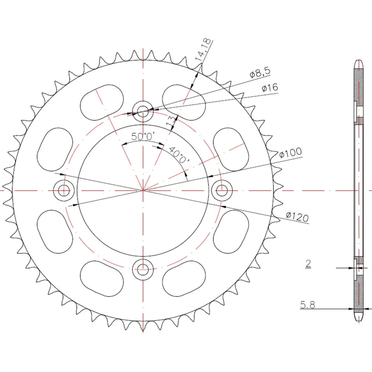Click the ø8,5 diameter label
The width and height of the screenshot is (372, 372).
(x=260, y=72)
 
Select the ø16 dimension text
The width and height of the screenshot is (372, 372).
(x=270, y=88)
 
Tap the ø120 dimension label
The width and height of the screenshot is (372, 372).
(x=297, y=217)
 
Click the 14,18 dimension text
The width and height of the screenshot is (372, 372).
(x=203, y=50)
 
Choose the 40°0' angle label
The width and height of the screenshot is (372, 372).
(x=179, y=155)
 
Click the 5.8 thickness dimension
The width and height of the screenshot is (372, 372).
(x=307, y=305)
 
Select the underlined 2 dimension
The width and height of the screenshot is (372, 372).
(x=308, y=264)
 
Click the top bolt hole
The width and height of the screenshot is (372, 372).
(x=143, y=111)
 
